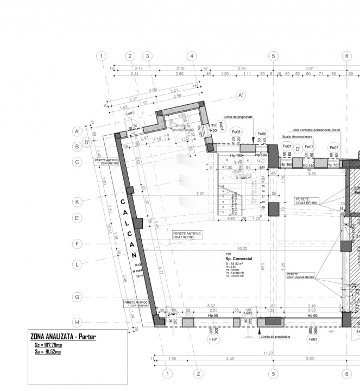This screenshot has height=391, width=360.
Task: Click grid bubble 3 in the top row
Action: [x=147, y=56]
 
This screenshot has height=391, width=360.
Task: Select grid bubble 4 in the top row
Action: [x=191, y=56]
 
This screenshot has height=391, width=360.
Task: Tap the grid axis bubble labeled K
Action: [x=78, y=201]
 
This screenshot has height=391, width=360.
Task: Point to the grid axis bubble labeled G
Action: [x=78, y=297]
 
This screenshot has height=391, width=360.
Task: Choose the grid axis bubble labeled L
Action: [x=78, y=264]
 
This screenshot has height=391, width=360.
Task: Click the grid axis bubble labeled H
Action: [x=78, y=321]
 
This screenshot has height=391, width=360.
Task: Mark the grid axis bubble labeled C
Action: [x=78, y=162]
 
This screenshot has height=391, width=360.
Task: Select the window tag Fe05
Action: [x=236, y=133]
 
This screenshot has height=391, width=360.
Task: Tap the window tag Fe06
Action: [x=262, y=134]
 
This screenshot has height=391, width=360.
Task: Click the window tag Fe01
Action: [x=213, y=339]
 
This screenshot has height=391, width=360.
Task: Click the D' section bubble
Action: [x=298, y=149]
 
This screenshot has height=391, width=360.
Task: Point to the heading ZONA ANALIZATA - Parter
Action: [x=63, y=337]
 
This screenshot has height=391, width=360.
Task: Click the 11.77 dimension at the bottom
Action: [x=268, y=354]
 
